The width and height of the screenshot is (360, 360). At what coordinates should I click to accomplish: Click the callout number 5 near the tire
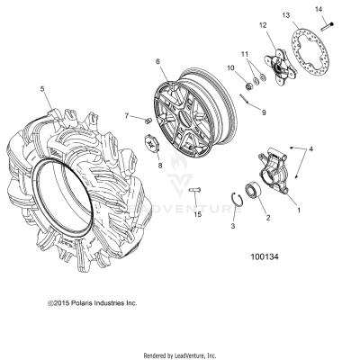pos(42,89)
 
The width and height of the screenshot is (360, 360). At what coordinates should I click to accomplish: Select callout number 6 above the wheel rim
pos(158,62)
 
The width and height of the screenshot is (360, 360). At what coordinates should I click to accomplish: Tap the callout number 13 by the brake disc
pos(285,17)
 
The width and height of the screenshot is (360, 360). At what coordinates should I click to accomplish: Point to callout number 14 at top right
pos(319,9)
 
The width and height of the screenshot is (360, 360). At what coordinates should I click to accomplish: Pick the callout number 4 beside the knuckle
pos(311,148)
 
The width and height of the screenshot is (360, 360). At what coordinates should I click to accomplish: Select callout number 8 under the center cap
pos(159,166)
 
